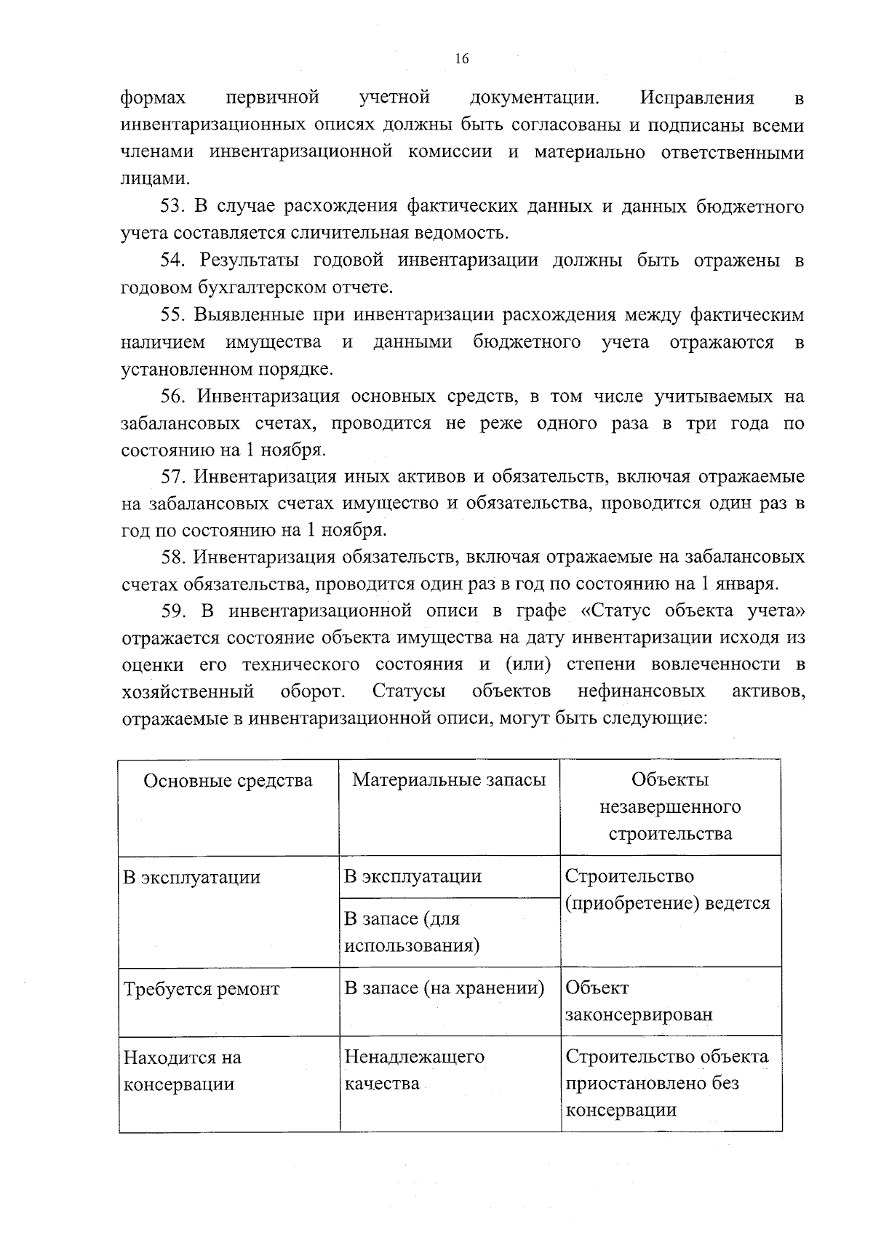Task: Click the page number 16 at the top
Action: pyautogui.click(x=461, y=60)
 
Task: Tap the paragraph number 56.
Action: pyautogui.click(x=173, y=397)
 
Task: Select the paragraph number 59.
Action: pyautogui.click(x=173, y=611)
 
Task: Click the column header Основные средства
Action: pyautogui.click(x=228, y=781)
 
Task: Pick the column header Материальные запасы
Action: pyautogui.click(x=449, y=780)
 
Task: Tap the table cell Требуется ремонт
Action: pyautogui.click(x=202, y=989)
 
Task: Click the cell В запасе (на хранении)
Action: pyautogui.click(x=444, y=988)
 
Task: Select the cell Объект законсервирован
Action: pyautogui.click(x=638, y=1001)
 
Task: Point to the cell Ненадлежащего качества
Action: pyautogui.click(x=414, y=1070)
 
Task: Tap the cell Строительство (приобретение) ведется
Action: pyautogui.click(x=667, y=890)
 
